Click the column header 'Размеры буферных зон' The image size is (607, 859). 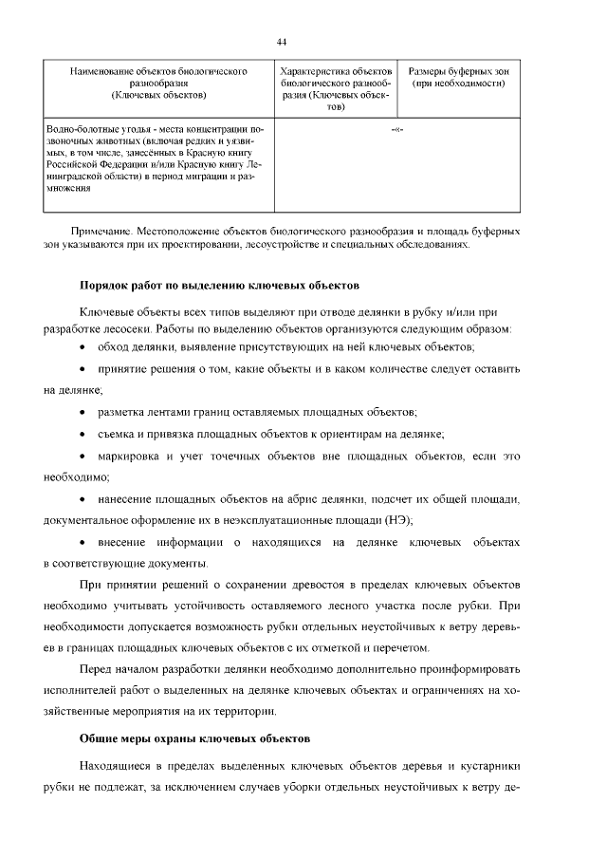point(458,72)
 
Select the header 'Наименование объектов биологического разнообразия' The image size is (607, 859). point(159,84)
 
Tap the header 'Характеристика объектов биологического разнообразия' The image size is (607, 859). point(337,90)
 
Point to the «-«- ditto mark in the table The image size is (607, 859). point(396,127)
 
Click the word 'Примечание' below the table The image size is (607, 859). point(101,230)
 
